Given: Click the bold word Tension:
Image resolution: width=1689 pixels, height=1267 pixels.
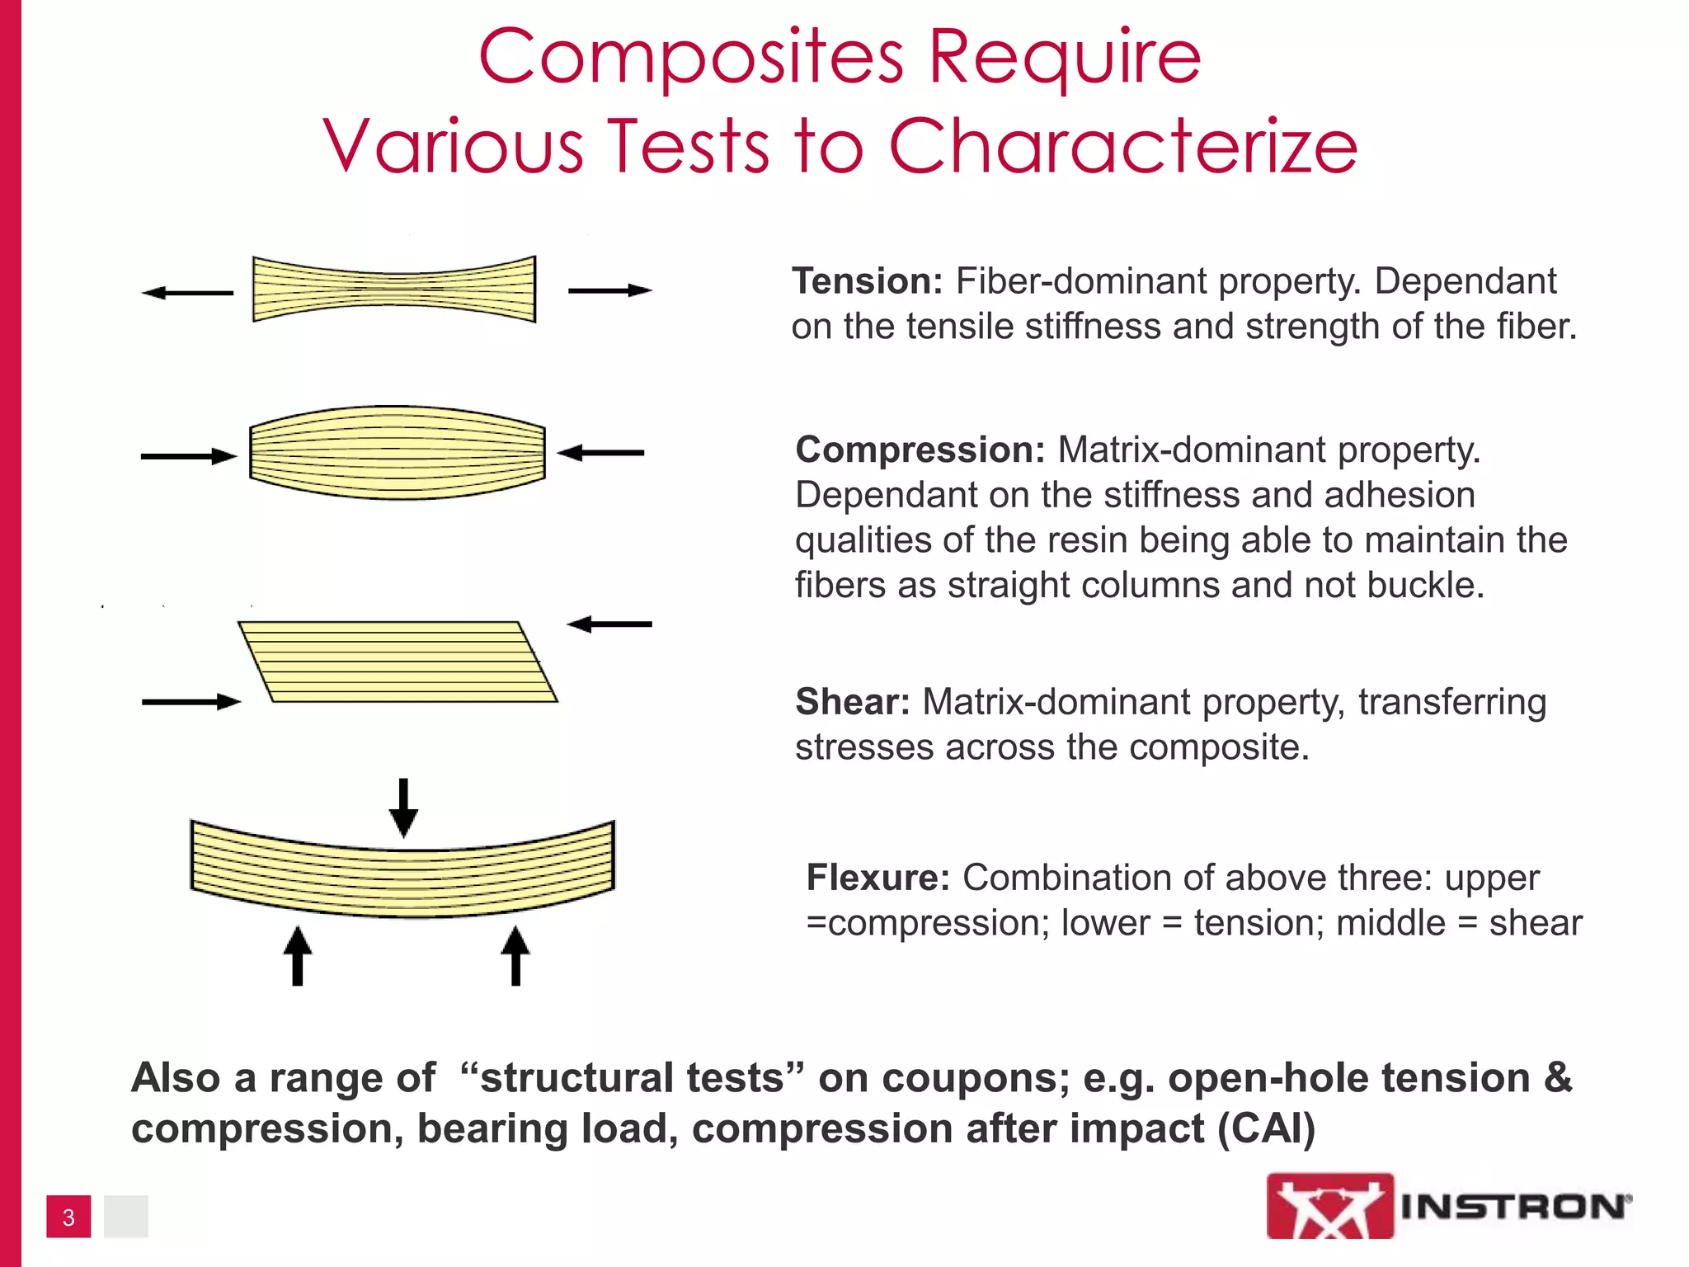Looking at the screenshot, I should pyautogui.click(x=867, y=282).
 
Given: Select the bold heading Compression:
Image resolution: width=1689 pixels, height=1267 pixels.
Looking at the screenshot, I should pyautogui.click(x=920, y=450).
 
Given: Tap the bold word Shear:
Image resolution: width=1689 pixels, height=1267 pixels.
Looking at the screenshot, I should pyautogui.click(x=852, y=702).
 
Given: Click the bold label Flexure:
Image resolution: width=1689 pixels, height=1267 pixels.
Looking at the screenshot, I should pyautogui.click(x=877, y=878).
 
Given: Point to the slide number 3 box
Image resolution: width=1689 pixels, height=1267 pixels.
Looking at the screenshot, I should pyautogui.click(x=68, y=1217).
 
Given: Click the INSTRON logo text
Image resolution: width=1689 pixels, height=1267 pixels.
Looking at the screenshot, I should pyautogui.click(x=1515, y=1207).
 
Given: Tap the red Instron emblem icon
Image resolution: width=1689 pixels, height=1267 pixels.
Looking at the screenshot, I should pyautogui.click(x=1329, y=1206).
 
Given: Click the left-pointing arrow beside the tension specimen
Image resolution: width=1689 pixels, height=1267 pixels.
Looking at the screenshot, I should pyautogui.click(x=188, y=293).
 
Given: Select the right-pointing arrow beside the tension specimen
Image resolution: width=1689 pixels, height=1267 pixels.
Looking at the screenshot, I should pyautogui.click(x=609, y=290).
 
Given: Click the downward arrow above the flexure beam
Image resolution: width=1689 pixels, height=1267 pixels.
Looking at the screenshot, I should pyautogui.click(x=403, y=808).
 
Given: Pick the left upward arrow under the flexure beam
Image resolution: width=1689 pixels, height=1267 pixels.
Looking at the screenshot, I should pyautogui.click(x=298, y=956).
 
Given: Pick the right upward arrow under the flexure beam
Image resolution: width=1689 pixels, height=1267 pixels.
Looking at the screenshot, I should pyautogui.click(x=515, y=956).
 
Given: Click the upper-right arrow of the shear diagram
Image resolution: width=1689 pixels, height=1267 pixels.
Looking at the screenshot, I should pyautogui.click(x=609, y=624).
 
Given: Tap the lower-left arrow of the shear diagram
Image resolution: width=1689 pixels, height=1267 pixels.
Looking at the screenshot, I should pyautogui.click(x=191, y=702).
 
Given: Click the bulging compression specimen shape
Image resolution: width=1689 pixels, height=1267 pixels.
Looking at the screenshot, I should pyautogui.click(x=398, y=452).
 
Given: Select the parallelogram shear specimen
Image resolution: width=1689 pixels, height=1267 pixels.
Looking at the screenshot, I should pyautogui.click(x=398, y=662).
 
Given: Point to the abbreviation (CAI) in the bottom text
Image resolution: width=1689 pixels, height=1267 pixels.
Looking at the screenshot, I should pyautogui.click(x=1266, y=1128).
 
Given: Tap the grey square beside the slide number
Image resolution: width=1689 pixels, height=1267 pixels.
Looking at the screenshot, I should pyautogui.click(x=125, y=1217).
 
